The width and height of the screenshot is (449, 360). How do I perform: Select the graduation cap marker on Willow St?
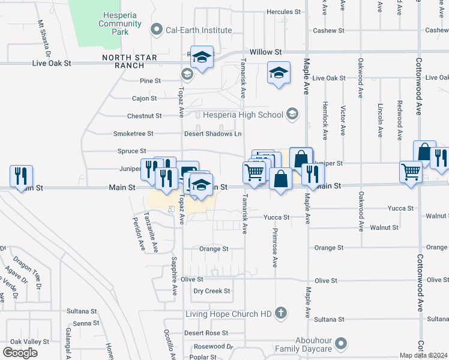(x=202, y=58)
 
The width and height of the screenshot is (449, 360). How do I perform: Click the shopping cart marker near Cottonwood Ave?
(x=411, y=172)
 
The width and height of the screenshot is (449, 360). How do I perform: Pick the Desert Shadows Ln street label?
(x=212, y=134)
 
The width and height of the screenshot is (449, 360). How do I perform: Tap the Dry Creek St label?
(x=212, y=291)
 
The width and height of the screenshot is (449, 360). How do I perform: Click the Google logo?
(x=20, y=352)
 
